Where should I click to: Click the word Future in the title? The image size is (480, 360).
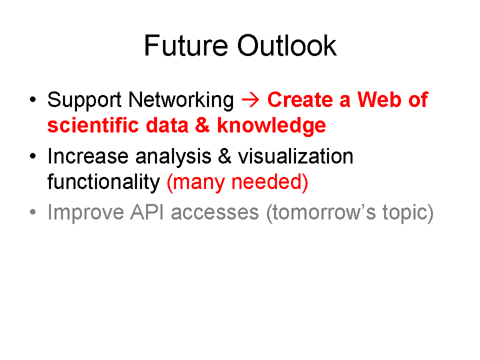(x=186, y=45)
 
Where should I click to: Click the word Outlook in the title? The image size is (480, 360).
(x=287, y=45)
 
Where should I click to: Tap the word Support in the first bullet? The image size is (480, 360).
(x=84, y=100)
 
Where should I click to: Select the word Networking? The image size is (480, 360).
(x=181, y=100)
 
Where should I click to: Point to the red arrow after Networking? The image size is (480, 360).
(x=250, y=100)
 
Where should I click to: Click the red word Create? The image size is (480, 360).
(x=300, y=100)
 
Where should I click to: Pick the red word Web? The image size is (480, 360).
(x=379, y=100)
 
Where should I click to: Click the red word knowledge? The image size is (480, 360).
(x=271, y=126)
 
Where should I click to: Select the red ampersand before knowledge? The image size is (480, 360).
(x=202, y=125)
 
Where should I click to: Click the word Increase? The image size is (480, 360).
(x=88, y=156)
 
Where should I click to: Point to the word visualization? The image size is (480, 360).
(x=295, y=156)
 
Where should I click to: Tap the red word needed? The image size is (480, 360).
(x=269, y=182)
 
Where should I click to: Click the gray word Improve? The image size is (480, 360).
(x=85, y=213)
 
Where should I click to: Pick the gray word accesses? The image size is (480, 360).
(x=215, y=213)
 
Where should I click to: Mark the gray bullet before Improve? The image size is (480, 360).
(x=33, y=212)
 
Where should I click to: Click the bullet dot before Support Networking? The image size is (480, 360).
(x=33, y=99)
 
